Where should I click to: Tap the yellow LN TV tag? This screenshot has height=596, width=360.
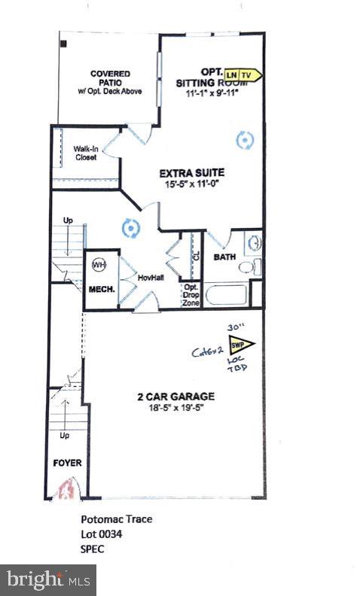coord(243,74)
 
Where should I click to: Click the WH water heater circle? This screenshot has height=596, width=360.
coord(99,265)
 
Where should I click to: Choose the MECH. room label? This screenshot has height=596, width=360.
coord(99,288)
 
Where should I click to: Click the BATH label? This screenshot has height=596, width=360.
coord(224,257)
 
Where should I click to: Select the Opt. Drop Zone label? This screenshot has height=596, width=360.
coord(191,293)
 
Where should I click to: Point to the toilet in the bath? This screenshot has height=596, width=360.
coord(255,265)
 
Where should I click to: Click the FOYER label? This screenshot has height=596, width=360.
coord(66,463)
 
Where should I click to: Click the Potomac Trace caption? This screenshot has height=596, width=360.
coord(110,519)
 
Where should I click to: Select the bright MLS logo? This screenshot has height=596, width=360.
coord(47,579)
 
